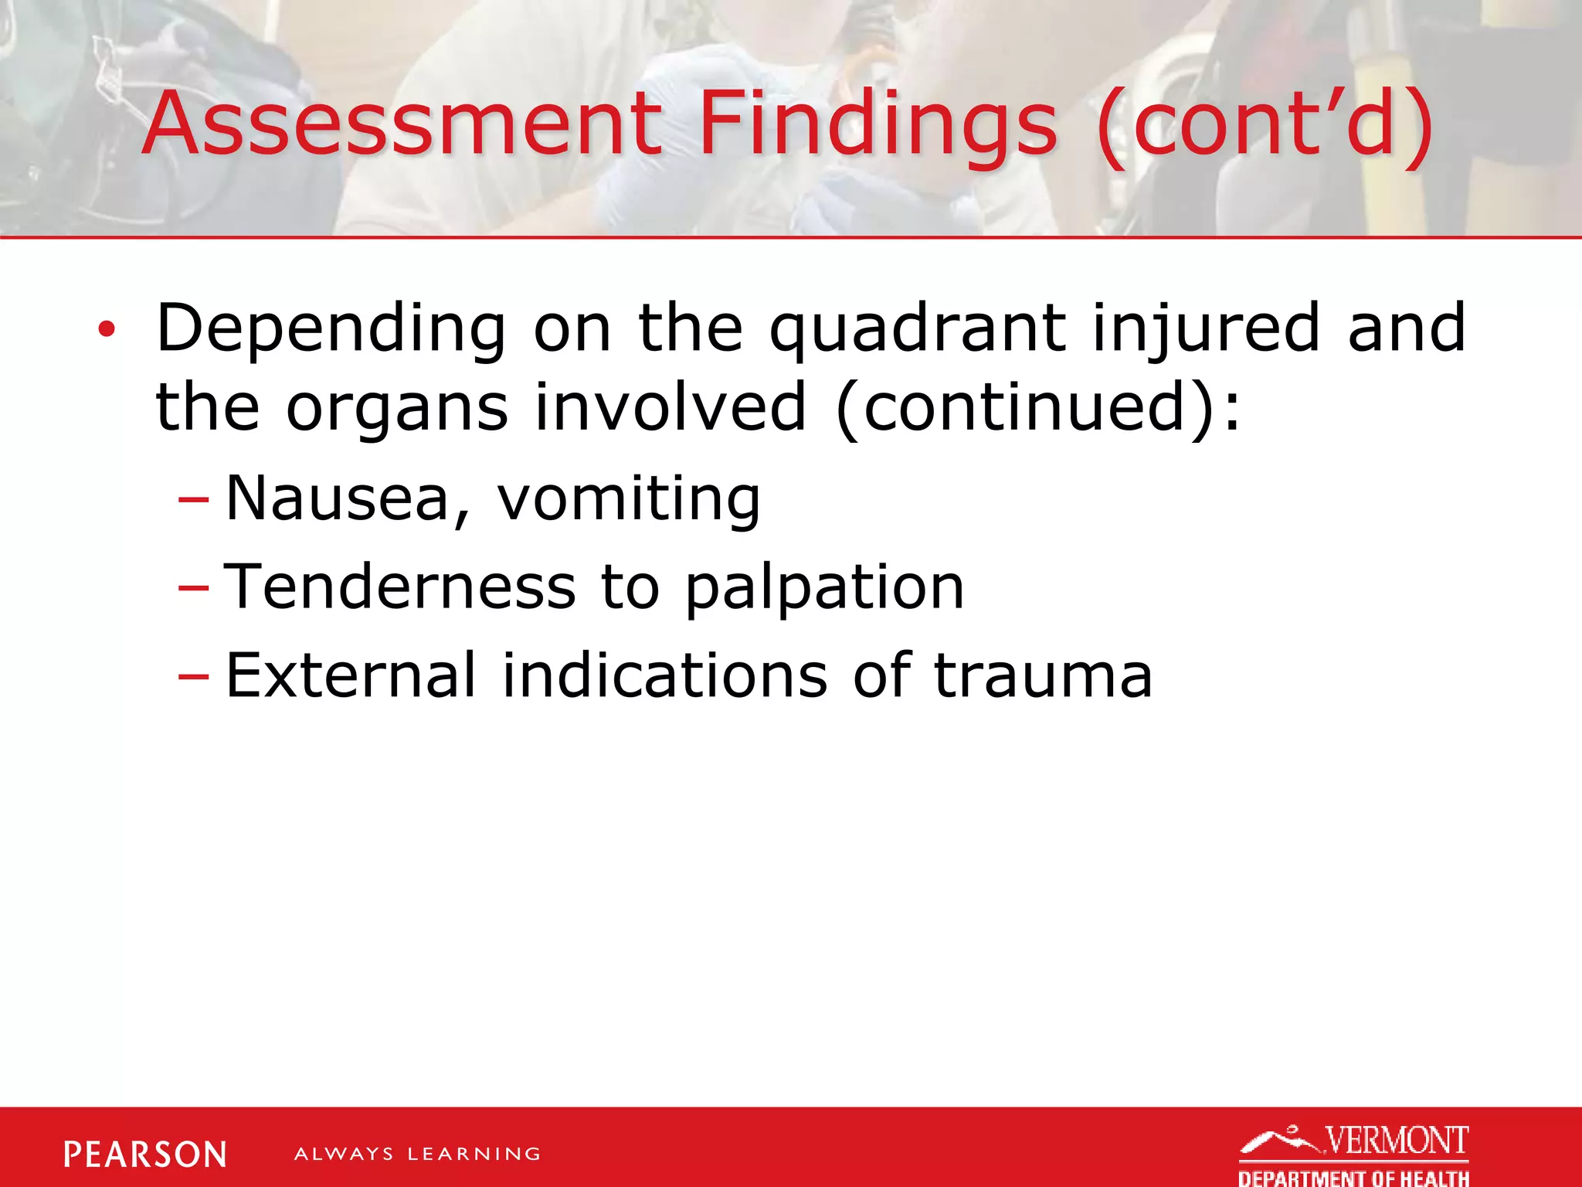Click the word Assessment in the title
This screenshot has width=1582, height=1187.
click(402, 124)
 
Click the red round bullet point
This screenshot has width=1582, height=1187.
click(106, 331)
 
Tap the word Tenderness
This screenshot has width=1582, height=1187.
click(399, 587)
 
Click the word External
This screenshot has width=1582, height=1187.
click(350, 675)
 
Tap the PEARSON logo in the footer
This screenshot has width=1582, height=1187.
click(145, 1155)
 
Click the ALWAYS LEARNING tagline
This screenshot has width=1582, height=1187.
click(417, 1155)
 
